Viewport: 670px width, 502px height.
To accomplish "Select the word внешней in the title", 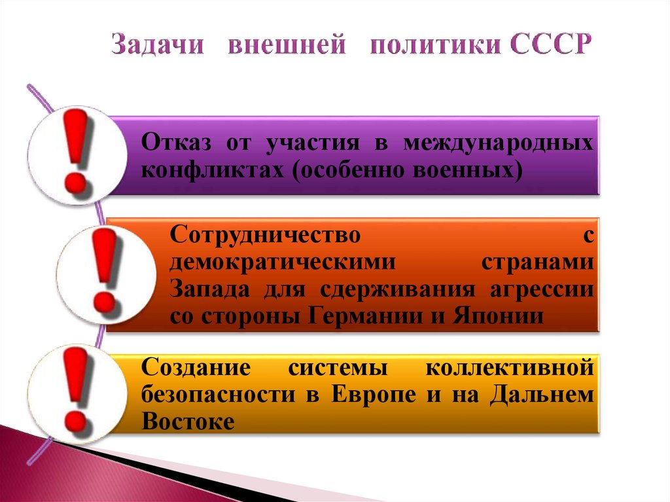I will coord(287,48).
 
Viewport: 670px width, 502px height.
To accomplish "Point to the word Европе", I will coord(387,395).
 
